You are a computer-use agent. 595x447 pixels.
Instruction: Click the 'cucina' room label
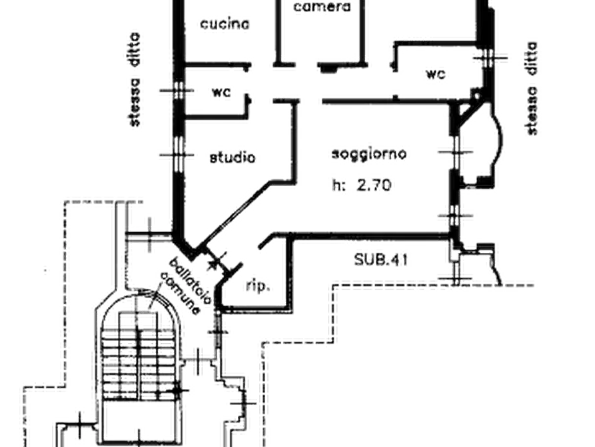point(224,25)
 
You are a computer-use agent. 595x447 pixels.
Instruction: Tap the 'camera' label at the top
point(322,6)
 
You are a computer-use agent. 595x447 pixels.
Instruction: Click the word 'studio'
point(233,159)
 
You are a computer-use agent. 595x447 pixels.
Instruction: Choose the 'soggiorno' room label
point(368,154)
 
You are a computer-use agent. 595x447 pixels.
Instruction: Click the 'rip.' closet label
point(255,287)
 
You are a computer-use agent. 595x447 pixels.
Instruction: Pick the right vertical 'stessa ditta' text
point(532,90)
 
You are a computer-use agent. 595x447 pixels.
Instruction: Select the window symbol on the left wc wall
point(177,91)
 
